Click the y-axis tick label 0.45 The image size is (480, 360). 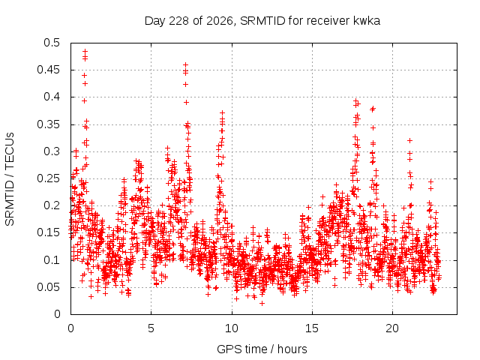tap(48, 70)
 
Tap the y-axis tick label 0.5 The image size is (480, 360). tap(52, 43)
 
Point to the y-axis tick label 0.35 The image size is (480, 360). tap(48, 124)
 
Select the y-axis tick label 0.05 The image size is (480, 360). tap(48, 287)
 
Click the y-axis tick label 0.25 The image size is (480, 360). tap(48, 178)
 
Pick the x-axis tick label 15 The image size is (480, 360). tap(312, 328)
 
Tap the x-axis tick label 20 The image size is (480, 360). tap(392, 328)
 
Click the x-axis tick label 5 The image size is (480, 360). tap(151, 328)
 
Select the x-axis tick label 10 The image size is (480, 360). tap(232, 328)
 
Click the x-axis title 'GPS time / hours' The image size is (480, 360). tap(262, 349)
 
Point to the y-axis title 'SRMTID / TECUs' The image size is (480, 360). tap(10, 179)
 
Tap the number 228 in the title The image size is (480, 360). tap(179, 21)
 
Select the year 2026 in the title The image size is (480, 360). tap(220, 21)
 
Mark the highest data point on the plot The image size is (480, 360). tap(85, 52)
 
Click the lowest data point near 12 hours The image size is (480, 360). tap(262, 303)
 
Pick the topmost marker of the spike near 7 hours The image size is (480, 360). tap(185, 65)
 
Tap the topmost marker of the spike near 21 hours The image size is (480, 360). tap(410, 140)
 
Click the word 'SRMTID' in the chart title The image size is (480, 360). tap(262, 21)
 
